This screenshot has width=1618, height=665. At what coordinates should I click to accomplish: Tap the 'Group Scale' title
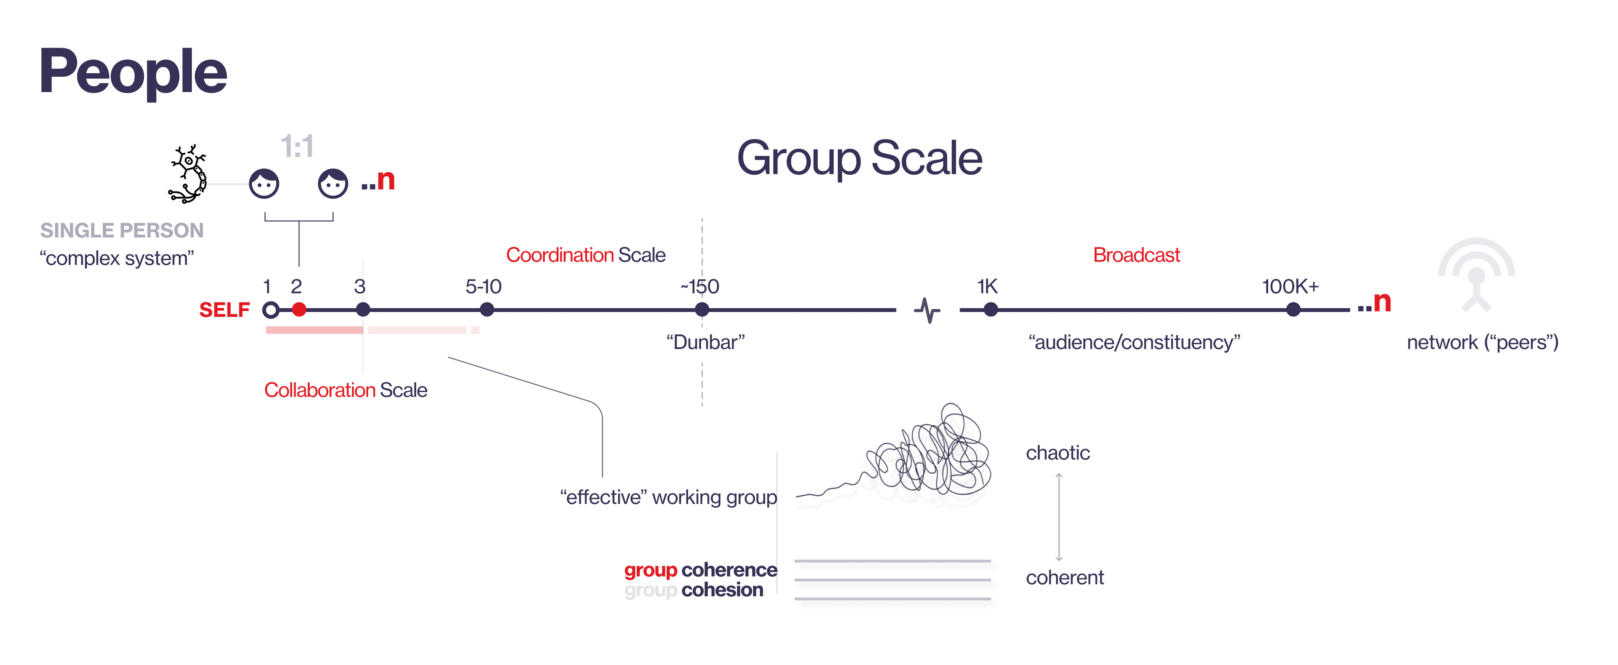click(x=859, y=158)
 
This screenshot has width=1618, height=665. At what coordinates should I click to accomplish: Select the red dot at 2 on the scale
click(x=299, y=310)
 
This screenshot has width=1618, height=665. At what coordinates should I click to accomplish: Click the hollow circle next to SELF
click(x=271, y=310)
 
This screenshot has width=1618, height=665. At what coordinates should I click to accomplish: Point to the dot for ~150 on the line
click(x=702, y=310)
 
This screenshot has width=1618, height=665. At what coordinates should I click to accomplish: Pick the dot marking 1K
click(x=991, y=310)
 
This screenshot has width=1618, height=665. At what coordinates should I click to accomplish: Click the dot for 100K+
click(x=1293, y=310)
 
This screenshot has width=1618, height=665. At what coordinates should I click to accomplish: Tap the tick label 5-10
click(x=484, y=287)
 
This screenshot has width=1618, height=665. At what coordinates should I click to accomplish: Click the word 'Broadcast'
click(x=1136, y=255)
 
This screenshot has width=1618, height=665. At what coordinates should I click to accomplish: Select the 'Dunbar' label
click(x=705, y=342)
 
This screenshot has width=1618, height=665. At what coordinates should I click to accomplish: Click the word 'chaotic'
click(x=1058, y=453)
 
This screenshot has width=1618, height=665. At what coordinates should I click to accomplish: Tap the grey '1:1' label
click(x=297, y=147)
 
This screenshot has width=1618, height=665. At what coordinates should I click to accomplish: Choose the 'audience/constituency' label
click(x=1134, y=342)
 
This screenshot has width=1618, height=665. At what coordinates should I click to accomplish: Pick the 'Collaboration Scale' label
click(x=346, y=390)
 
